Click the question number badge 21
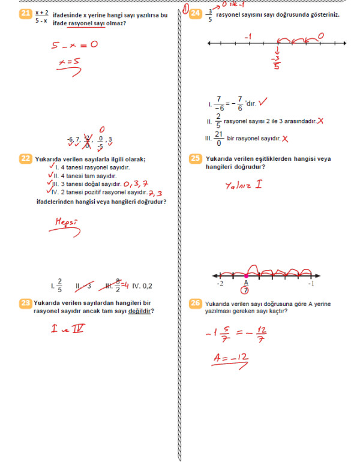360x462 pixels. (x=26, y=15)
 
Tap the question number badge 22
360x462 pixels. (x=26, y=159)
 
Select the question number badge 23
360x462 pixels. (x=26, y=304)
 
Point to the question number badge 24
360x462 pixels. (x=195, y=15)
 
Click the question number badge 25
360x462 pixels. (x=195, y=159)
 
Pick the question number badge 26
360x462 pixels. (x=195, y=304)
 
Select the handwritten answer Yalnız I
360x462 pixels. (x=243, y=184)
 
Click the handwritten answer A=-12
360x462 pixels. (x=231, y=359)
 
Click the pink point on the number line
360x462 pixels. (x=246, y=276)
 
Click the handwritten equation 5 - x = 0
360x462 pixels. (x=75, y=44)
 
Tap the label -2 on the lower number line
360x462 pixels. (x=220, y=283)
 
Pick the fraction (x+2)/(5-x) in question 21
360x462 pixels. (x=41, y=16)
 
